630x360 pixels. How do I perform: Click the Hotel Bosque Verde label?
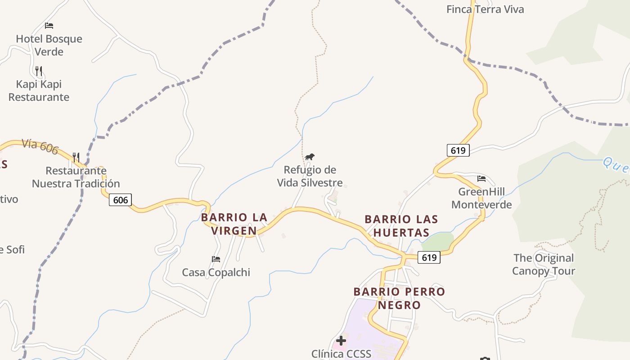[x=49, y=45]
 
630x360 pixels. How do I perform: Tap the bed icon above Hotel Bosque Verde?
[x=49, y=26]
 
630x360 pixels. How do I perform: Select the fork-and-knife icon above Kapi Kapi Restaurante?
[x=39, y=71]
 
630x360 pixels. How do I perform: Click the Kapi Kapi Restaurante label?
[x=39, y=90]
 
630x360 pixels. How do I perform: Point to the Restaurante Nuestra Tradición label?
[x=76, y=177]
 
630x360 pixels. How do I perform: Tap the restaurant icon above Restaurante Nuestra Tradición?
[x=76, y=157]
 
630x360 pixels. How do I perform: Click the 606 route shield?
[x=120, y=200]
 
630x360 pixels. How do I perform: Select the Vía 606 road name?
[x=40, y=146]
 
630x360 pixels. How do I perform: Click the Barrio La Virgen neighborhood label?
[x=234, y=224]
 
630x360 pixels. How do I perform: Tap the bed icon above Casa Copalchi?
[x=216, y=259]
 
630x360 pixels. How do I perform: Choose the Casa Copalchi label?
[x=216, y=272]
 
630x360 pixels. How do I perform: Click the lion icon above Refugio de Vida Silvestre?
[x=310, y=157]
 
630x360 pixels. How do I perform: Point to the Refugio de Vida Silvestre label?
[x=310, y=176]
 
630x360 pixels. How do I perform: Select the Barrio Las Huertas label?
[x=401, y=226]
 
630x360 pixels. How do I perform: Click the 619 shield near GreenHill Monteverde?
[x=458, y=150]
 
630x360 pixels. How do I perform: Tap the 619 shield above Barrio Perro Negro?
[x=429, y=257]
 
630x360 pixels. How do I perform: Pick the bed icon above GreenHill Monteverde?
[x=481, y=179]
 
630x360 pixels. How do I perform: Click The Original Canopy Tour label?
[x=544, y=264]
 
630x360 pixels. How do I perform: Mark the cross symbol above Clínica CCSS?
[x=341, y=341]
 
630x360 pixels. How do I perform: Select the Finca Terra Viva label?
[x=485, y=9]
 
